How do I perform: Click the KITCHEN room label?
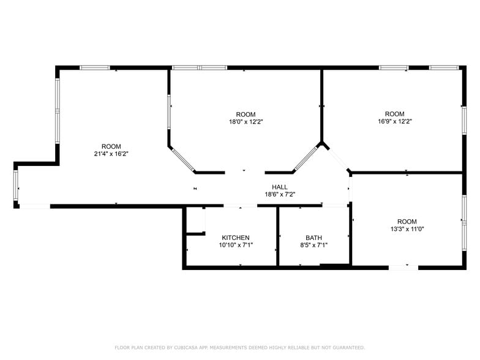(x=235, y=238)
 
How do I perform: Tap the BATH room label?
(x=313, y=238)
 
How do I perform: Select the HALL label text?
(x=280, y=187)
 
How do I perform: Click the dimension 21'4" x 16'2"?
(x=111, y=154)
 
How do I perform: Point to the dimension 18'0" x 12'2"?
(x=246, y=122)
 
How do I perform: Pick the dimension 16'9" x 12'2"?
(x=394, y=121)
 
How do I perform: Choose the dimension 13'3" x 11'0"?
(x=407, y=229)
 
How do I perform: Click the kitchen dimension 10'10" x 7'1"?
(x=235, y=245)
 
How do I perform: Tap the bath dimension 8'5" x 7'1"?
(x=313, y=245)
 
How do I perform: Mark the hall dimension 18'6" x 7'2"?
(x=280, y=194)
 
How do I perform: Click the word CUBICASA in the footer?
(x=187, y=347)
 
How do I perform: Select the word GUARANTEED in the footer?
(x=347, y=347)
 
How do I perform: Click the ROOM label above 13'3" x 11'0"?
(x=407, y=222)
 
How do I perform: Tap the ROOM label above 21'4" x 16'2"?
(x=111, y=146)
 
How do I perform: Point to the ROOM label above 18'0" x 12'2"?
(x=246, y=114)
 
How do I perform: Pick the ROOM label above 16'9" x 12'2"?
(x=394, y=114)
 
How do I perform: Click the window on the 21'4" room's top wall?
(x=95, y=67)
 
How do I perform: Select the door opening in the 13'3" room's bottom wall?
(x=403, y=267)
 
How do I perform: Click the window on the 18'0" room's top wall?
(x=199, y=67)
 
